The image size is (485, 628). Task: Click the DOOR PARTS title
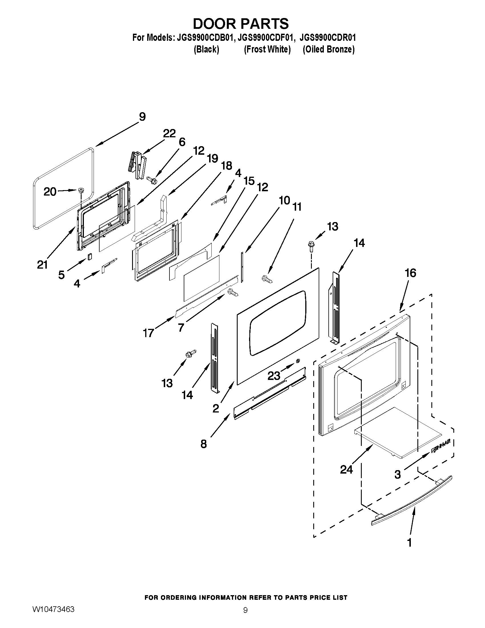[241, 24]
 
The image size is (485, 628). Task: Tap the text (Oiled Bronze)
[328, 49]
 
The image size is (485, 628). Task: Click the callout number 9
[142, 117]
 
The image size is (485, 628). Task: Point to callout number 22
[169, 133]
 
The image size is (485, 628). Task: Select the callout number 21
[42, 265]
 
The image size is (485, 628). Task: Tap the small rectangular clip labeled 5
[90, 257]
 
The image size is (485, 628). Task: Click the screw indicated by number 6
[152, 180]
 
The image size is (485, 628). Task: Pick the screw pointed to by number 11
[266, 278]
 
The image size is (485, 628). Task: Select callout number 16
[410, 273]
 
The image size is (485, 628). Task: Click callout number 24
[346, 470]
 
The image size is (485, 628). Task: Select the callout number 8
[203, 444]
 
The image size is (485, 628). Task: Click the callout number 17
[148, 333]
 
